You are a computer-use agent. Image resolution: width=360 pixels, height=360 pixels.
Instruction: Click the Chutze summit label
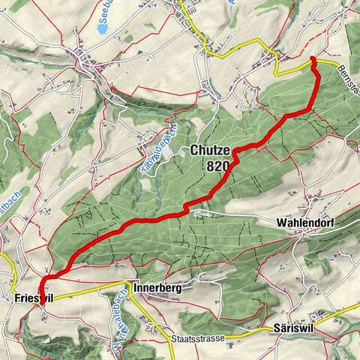pos(210,150)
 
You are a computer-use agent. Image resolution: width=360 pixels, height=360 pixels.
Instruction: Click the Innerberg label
pos(156,288)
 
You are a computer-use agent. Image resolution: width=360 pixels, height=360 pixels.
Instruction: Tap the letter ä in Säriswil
pos(281,329)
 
